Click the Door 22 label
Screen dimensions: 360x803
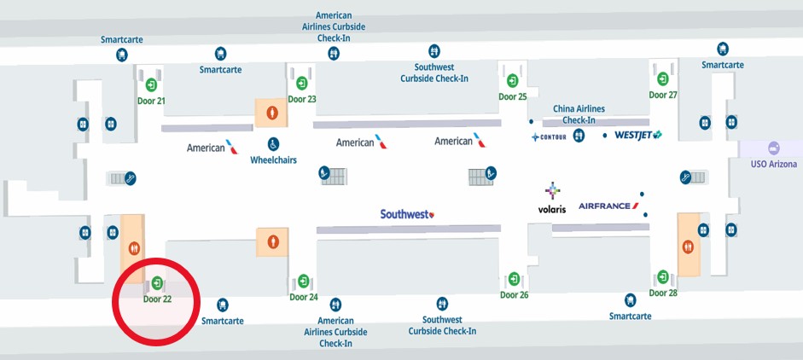(x=157, y=299)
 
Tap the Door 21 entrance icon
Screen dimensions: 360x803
(x=151, y=84)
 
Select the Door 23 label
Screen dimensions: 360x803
(x=302, y=99)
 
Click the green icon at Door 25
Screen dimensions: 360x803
(x=512, y=81)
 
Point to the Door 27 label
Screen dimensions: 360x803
(x=663, y=95)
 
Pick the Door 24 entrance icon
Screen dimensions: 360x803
(x=303, y=281)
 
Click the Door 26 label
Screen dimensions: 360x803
(x=515, y=295)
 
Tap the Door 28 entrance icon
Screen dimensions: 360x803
(x=663, y=276)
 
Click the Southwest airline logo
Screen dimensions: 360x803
(x=407, y=214)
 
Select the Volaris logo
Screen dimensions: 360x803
(x=552, y=199)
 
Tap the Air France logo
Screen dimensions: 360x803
(x=608, y=206)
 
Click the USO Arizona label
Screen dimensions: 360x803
(x=773, y=164)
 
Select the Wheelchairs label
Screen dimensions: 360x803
(x=273, y=160)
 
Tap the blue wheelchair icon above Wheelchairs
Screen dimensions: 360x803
(x=274, y=143)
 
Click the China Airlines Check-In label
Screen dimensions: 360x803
(x=579, y=114)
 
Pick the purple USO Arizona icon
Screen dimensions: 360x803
(x=774, y=148)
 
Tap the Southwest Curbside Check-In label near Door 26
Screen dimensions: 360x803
(x=442, y=325)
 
